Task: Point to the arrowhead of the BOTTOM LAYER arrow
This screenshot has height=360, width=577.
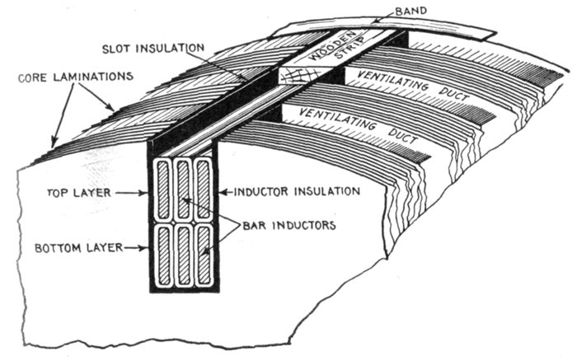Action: pyautogui.click(x=148, y=246)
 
